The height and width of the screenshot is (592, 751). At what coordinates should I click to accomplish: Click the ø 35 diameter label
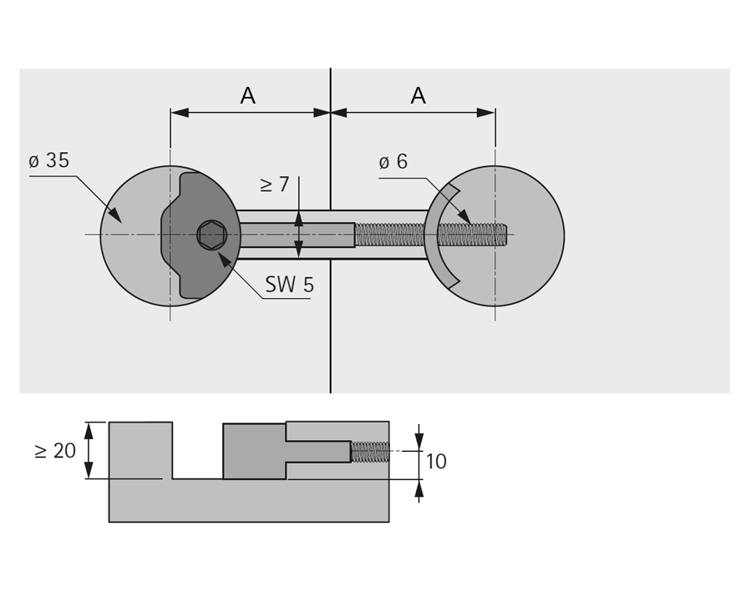pyautogui.click(x=49, y=161)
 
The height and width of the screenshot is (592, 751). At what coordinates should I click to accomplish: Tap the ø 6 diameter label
pyautogui.click(x=393, y=162)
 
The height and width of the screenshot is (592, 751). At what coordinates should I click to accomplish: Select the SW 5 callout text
pyautogui.click(x=289, y=286)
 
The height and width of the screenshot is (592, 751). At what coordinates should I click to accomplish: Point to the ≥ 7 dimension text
pyautogui.click(x=274, y=185)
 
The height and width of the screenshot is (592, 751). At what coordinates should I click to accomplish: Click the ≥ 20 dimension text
pyautogui.click(x=55, y=451)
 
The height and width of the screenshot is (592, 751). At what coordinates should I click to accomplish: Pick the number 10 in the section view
pyautogui.click(x=436, y=462)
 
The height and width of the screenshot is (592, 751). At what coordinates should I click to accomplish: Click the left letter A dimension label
pyautogui.click(x=247, y=96)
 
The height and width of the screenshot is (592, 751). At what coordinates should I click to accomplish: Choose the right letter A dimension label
pyautogui.click(x=418, y=96)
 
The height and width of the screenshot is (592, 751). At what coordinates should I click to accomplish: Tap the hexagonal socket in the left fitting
pyautogui.click(x=212, y=235)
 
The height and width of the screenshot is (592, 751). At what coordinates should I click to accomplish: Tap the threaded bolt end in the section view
pyautogui.click(x=370, y=452)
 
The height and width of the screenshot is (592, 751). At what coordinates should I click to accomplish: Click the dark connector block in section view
pyautogui.click(x=254, y=451)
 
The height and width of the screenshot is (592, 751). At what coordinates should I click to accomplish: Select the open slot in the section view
pyautogui.click(x=197, y=451)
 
